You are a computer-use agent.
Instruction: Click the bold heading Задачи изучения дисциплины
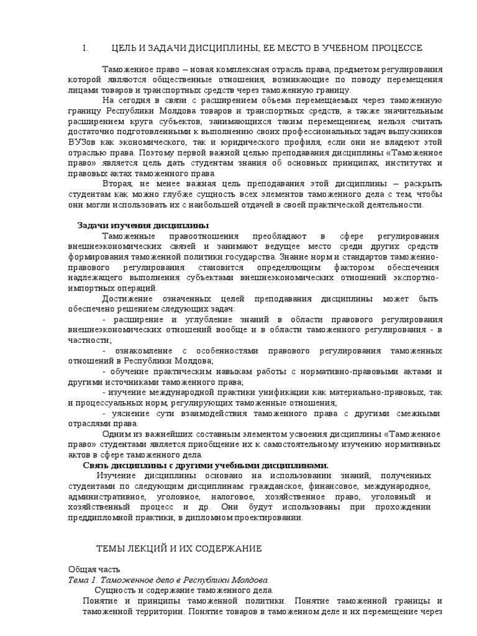click(x=143, y=225)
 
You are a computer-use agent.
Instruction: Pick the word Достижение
click(x=129, y=299)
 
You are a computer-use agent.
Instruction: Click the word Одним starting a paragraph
click(x=115, y=434)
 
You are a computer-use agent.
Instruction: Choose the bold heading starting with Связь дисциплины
click(x=206, y=465)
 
